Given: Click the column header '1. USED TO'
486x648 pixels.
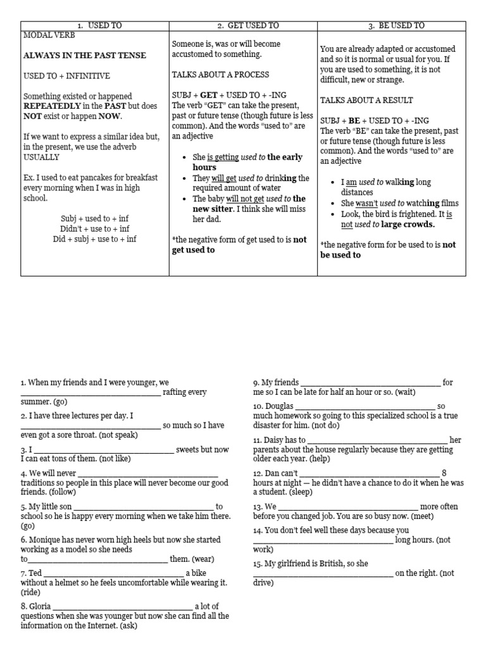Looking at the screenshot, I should point(95,25).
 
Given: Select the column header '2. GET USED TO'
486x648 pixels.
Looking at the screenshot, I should point(243,25).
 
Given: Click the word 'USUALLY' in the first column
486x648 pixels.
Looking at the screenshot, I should point(41,157).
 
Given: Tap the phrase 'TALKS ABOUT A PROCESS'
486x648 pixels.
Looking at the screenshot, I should point(220,75).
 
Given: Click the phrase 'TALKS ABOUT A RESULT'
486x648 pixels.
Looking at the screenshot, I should point(366,100).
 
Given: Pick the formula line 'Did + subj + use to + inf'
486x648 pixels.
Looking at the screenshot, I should point(95,239).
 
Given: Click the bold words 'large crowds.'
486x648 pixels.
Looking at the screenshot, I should point(408,224).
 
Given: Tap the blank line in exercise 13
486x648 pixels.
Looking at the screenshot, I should point(348,507).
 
